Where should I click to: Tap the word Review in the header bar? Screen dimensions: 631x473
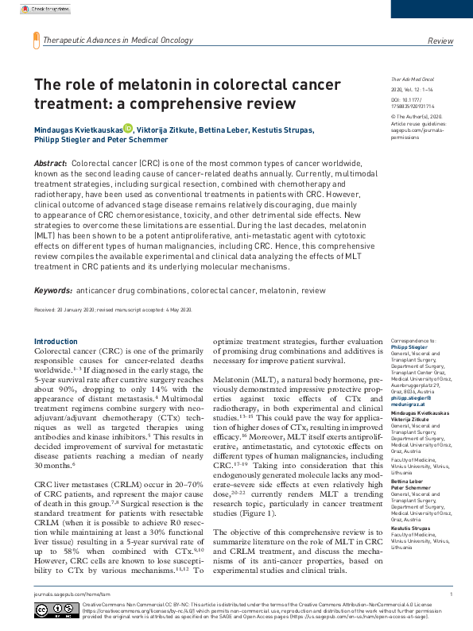pyautogui.click(x=440, y=40)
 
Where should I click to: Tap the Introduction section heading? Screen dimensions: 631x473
pyautogui.click(x=56, y=342)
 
